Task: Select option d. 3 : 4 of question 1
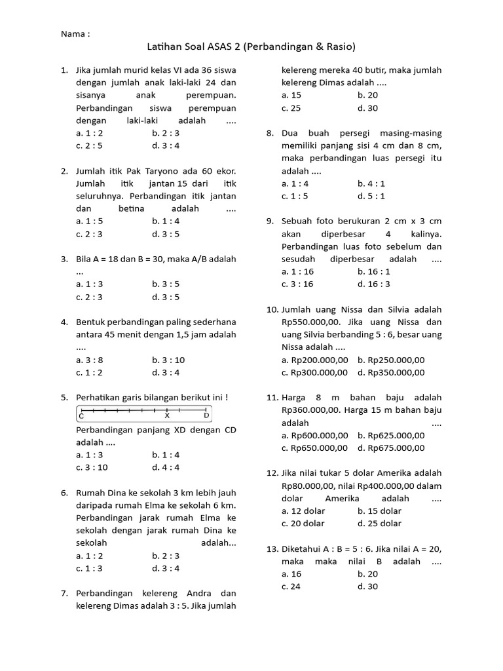tap(166, 145)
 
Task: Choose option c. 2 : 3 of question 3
tap(90, 297)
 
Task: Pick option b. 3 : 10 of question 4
tap(168, 360)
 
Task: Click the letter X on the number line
tap(167, 415)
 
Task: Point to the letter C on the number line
tap(82, 415)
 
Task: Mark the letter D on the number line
tap(206, 415)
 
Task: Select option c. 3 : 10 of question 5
tap(92, 467)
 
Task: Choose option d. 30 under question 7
tap(367, 108)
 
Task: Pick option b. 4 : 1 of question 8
tap(371, 183)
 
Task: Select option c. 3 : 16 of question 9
tap(297, 284)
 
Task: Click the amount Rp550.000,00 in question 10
tap(311, 322)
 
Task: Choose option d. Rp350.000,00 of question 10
tap(391, 372)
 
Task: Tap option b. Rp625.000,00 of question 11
tap(391, 435)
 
